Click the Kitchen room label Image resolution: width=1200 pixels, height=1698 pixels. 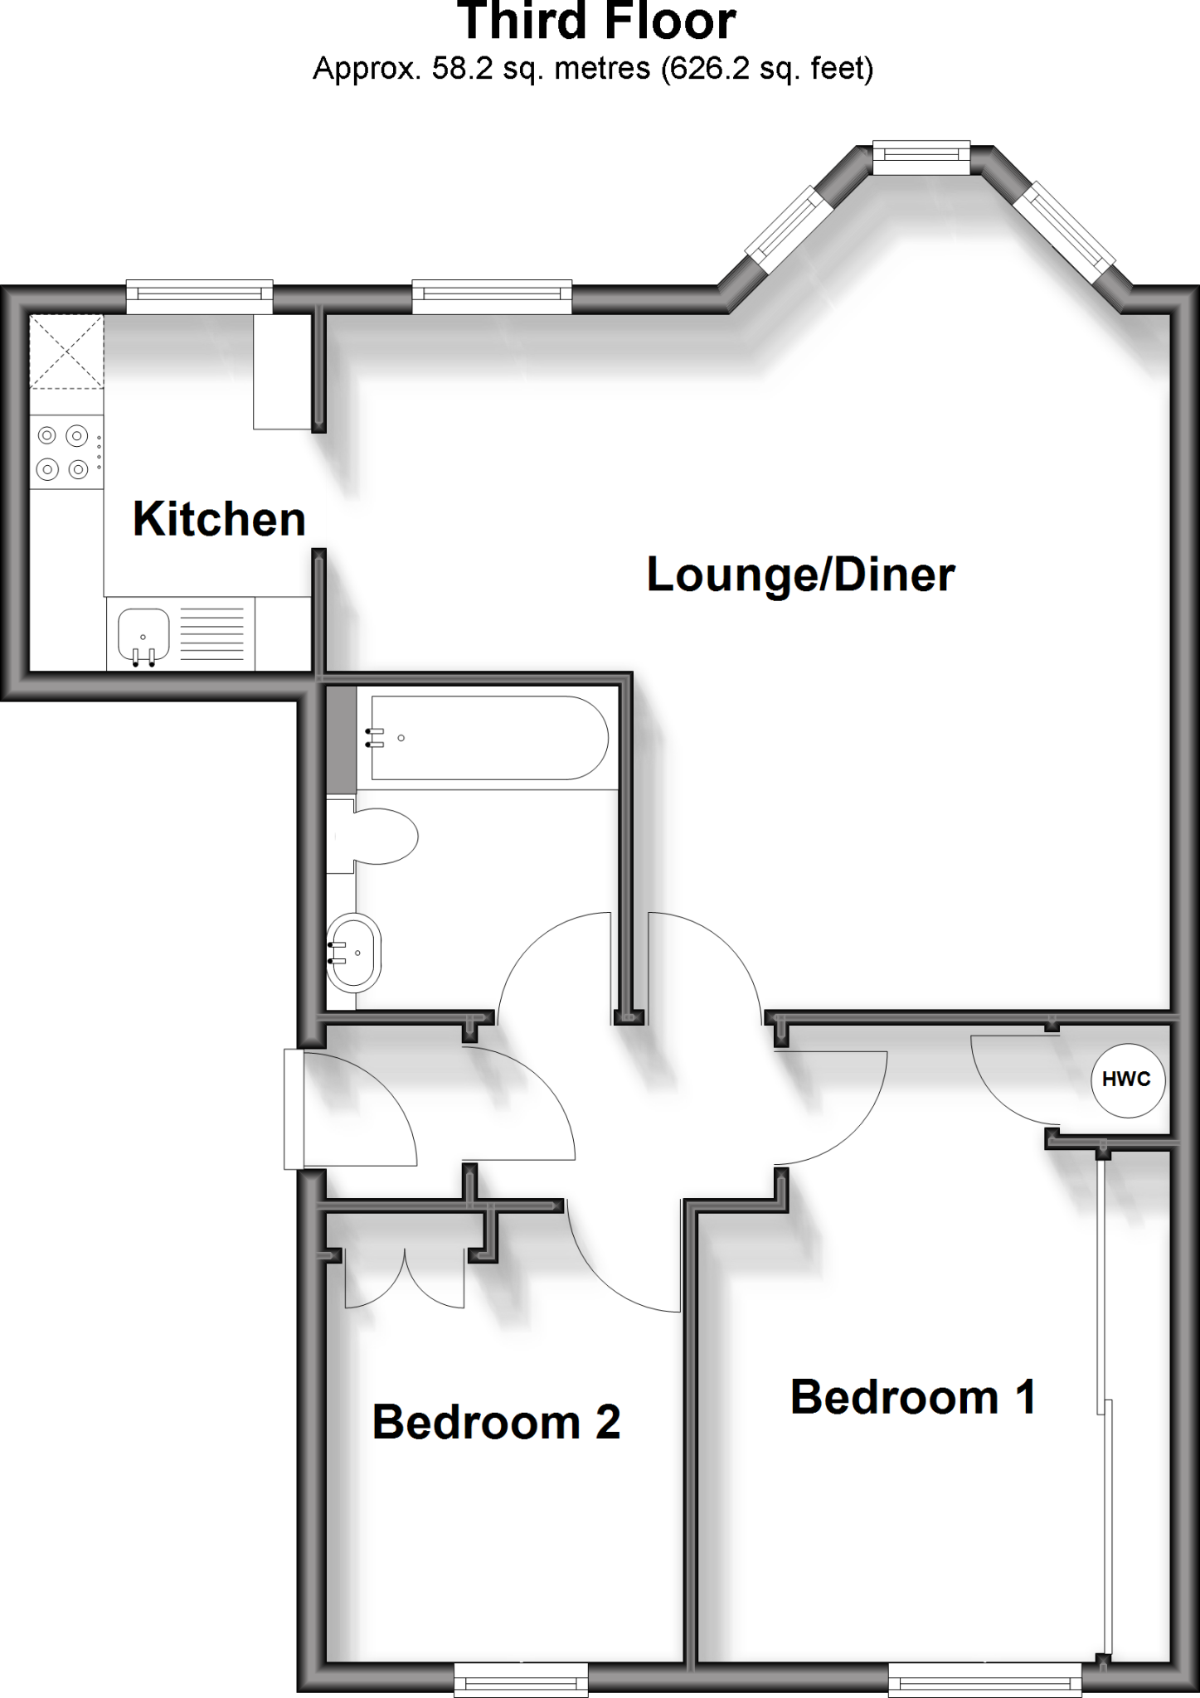pos(219,519)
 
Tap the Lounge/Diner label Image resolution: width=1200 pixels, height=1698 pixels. pos(800,575)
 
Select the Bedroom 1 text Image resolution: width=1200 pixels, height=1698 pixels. pos(913,1397)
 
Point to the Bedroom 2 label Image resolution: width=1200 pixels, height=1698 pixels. pos(496,1422)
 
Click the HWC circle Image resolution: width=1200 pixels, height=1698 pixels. pos(1127,1079)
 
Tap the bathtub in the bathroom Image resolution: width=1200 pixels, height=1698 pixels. pos(489,738)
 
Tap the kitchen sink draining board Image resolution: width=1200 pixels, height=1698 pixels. pos(212,633)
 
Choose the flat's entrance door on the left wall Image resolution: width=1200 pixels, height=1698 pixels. pos(294,1109)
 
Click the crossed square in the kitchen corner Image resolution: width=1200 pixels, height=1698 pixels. pos(66,352)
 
